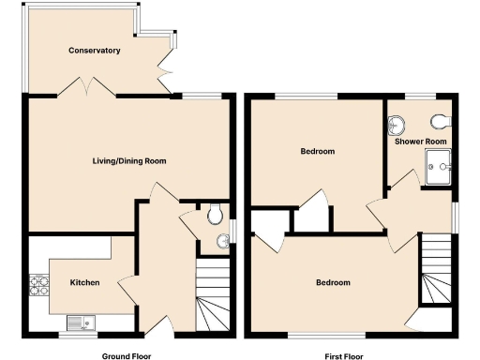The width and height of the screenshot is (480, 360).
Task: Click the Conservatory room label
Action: point(94,50)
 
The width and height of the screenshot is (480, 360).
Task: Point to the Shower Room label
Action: point(420,142)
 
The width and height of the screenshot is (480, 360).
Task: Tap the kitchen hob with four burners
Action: point(40,284)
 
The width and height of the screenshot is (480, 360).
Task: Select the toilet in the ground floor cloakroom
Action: point(217,215)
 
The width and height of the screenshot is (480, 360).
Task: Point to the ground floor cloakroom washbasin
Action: point(223,242)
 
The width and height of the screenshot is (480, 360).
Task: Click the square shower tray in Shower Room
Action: point(438,168)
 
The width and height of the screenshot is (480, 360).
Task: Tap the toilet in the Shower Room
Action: point(442,122)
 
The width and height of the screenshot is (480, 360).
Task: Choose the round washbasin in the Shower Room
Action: point(397,125)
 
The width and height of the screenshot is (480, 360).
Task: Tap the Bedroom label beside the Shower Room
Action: point(317,151)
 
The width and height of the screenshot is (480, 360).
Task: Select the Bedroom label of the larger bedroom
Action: point(332,282)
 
